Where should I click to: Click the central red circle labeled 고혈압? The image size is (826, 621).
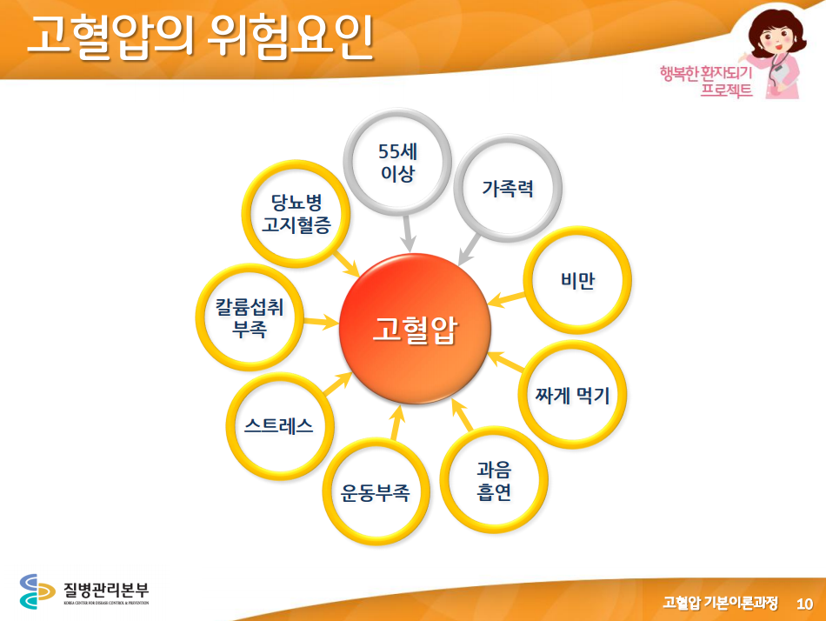(x=415, y=329)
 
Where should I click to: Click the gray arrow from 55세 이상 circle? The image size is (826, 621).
(x=407, y=234)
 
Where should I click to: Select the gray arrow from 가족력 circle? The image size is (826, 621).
(x=469, y=249)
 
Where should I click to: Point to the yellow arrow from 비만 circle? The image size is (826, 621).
(x=506, y=299)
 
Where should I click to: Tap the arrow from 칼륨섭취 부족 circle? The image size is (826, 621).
(x=321, y=321)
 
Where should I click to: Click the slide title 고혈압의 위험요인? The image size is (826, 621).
(x=200, y=36)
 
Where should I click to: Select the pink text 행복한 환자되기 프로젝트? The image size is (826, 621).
(x=706, y=81)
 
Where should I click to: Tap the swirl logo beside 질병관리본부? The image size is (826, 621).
(x=37, y=591)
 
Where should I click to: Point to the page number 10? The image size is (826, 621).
(x=804, y=604)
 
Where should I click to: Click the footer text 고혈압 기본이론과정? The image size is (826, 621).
(x=720, y=603)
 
